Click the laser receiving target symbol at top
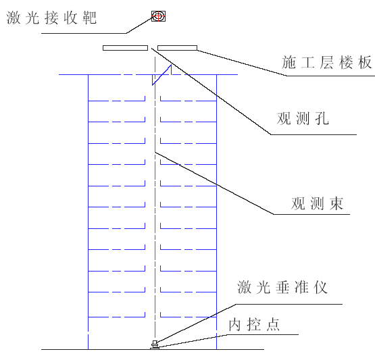coord(158,16)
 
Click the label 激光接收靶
coord(51,18)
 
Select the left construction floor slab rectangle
coord(125,48)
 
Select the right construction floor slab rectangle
coord(178,48)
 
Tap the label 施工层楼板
coord(327,62)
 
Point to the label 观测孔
coord(303,118)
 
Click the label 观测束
coord(318,204)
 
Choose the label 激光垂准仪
coord(282,287)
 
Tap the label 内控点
coord(254,325)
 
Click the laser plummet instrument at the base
coord(155,345)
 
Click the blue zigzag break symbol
coord(162,75)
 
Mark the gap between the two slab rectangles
coord(153,48)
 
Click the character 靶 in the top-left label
coord(90,18)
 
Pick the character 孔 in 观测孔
coord(322,118)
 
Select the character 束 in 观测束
coord(336,204)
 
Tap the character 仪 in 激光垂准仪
coord(321,287)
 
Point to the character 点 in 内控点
coord(273,325)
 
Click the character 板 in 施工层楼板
coord(365,62)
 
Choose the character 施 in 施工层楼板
coord(289,62)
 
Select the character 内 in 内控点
coord(235,325)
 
